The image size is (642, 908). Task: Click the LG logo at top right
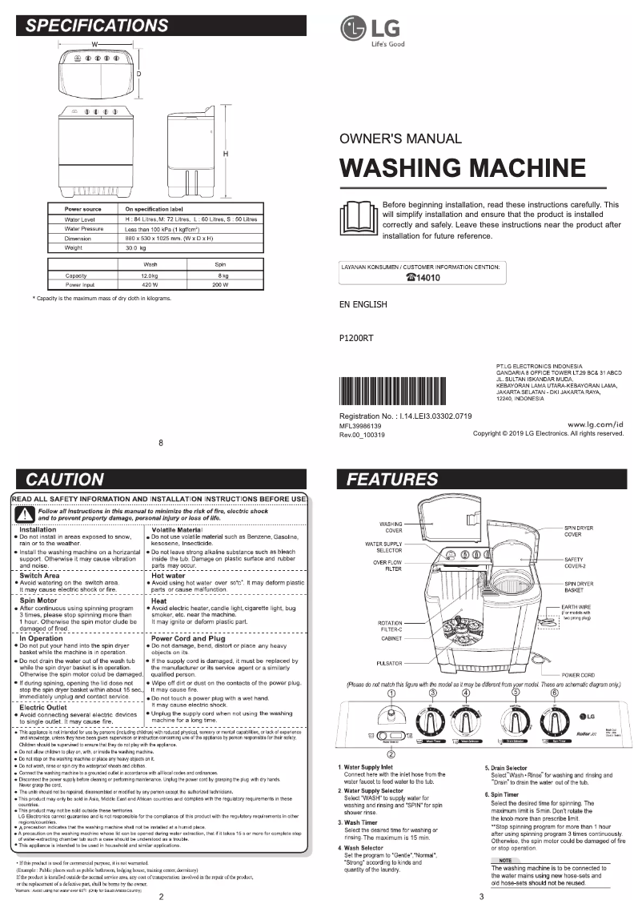tap(365, 31)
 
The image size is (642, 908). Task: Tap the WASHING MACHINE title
tap(463, 168)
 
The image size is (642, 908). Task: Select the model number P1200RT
tap(357, 338)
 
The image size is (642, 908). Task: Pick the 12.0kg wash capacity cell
tap(150, 275)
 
